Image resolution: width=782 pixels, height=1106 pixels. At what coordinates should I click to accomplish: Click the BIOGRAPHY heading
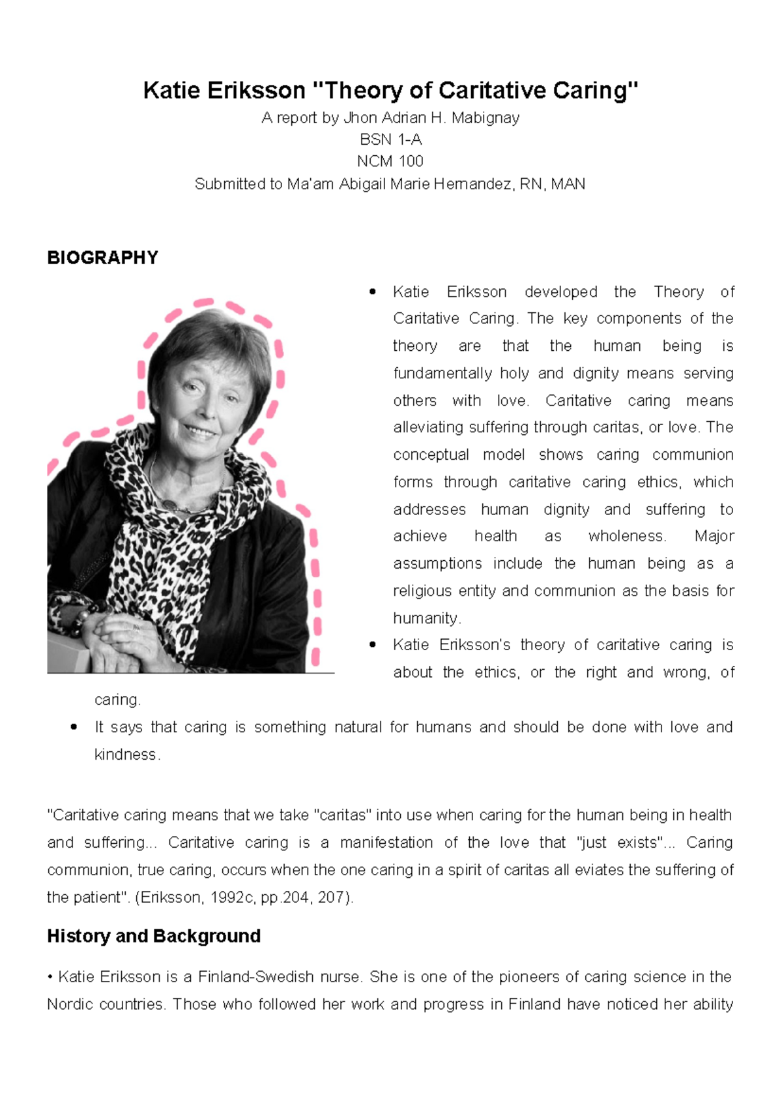(x=102, y=258)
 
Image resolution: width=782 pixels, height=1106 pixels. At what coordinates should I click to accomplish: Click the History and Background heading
(x=154, y=936)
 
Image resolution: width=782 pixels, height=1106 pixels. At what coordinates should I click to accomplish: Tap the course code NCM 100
(x=390, y=161)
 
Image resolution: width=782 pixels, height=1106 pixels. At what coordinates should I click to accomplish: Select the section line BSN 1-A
(x=390, y=140)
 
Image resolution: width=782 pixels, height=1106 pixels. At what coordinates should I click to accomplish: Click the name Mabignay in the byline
(x=485, y=118)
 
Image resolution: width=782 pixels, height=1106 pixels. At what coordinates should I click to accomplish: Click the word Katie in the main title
(x=171, y=90)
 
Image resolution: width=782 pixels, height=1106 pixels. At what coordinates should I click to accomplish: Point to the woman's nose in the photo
(x=207, y=408)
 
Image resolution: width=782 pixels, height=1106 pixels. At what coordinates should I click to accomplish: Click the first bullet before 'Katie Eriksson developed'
(x=373, y=291)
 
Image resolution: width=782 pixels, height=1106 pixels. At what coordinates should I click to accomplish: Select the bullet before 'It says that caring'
(x=74, y=727)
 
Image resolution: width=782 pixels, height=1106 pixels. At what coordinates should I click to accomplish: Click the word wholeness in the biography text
(x=626, y=536)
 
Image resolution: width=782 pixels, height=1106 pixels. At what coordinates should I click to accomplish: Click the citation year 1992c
(x=232, y=897)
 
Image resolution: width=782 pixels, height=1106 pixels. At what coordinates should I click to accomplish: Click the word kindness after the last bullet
(x=126, y=755)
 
